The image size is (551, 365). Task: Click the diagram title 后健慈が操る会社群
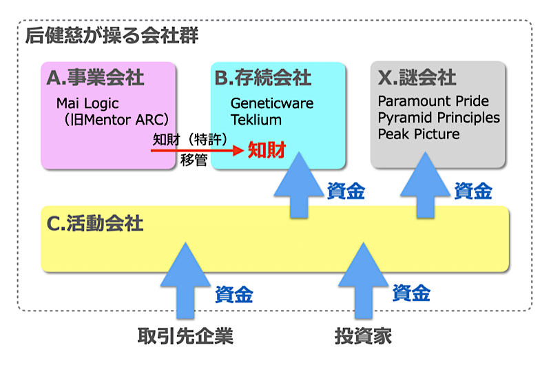(x=112, y=36)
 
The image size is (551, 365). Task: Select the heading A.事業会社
(x=95, y=77)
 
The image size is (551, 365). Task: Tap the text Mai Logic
(x=87, y=103)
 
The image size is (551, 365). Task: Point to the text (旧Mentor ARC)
(x=116, y=120)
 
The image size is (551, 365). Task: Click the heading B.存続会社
(x=263, y=77)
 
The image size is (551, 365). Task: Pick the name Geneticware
(x=272, y=103)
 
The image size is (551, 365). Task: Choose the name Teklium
(x=256, y=120)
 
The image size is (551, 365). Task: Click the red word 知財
(x=267, y=150)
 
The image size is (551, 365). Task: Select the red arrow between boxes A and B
(x=197, y=150)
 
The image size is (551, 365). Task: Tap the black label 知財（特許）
(x=190, y=140)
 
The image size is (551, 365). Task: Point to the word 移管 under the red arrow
(x=194, y=160)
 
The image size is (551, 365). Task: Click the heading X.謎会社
(x=417, y=77)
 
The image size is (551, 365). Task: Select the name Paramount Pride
(x=433, y=101)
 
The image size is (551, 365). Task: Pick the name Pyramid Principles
(x=439, y=118)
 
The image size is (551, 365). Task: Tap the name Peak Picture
(x=419, y=134)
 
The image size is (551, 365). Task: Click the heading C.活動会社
(x=95, y=223)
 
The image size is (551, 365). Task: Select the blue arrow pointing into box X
(x=426, y=185)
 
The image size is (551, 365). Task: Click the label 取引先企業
(x=185, y=336)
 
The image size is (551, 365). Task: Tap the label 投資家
(x=364, y=336)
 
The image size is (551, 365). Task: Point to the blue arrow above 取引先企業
(x=185, y=280)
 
